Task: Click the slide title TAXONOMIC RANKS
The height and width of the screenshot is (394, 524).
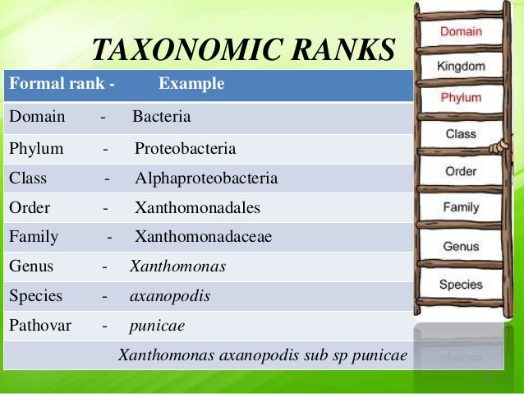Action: click(243, 50)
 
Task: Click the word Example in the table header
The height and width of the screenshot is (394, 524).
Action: click(191, 85)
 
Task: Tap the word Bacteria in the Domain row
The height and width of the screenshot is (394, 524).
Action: click(161, 117)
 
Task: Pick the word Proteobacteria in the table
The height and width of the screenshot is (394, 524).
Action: click(185, 149)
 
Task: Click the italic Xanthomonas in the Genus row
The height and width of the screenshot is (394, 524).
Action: click(177, 267)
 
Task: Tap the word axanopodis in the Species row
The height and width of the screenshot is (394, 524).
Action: click(170, 295)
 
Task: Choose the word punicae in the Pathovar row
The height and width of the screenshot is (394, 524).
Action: click(157, 325)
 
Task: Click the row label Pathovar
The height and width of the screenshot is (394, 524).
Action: click(40, 325)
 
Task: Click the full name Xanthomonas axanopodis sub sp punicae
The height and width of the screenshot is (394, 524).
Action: click(263, 355)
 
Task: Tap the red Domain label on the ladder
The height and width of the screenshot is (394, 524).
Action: click(461, 32)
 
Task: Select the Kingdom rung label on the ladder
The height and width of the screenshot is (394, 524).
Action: click(461, 66)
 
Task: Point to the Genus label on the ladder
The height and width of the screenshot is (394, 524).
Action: click(461, 246)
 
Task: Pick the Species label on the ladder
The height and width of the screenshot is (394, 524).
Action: click(461, 285)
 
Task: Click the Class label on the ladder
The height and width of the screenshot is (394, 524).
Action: click(461, 133)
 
